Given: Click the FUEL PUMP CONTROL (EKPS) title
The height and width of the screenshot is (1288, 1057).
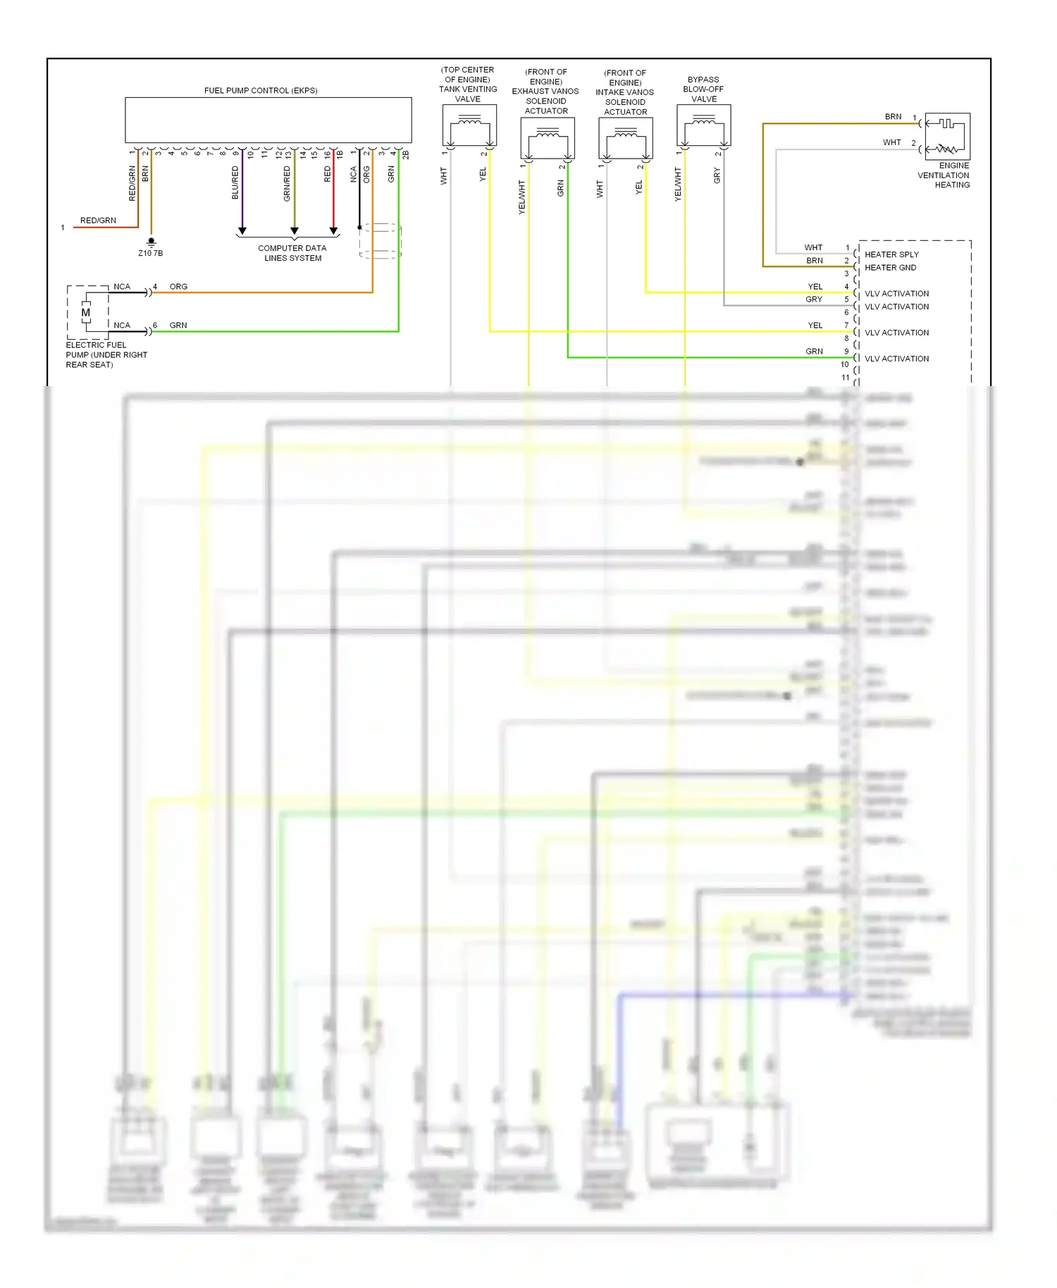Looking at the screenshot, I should (261, 91).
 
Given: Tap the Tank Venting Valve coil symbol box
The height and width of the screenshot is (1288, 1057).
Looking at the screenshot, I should (469, 125).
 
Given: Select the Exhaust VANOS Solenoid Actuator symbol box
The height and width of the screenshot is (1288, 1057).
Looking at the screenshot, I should (548, 138).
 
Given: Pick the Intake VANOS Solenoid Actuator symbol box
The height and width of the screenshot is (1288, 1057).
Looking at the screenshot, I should (626, 138).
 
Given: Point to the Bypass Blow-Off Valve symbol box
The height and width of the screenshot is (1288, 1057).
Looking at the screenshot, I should (703, 125).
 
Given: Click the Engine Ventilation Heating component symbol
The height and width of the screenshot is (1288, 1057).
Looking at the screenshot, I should (947, 136).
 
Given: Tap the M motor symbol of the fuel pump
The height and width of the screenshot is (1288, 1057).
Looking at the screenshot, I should (86, 313).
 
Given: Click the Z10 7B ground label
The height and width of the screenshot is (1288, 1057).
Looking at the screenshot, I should (151, 253).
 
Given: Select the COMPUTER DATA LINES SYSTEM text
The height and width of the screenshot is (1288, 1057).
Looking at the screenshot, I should (292, 253).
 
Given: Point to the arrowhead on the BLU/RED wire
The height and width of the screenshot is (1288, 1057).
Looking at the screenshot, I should (242, 230).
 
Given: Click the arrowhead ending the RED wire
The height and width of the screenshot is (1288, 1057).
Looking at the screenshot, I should (333, 230).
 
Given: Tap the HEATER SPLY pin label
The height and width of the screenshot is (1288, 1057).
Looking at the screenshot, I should (891, 254).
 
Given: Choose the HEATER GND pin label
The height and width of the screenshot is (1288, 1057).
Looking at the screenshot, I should (890, 268).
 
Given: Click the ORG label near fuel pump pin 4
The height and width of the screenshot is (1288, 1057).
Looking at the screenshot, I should (178, 287).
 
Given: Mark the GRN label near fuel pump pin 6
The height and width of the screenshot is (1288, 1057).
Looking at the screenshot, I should (178, 326).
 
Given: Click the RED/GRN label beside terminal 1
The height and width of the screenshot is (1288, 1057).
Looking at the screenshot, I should (98, 221).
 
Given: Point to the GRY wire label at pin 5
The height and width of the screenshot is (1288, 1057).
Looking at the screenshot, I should (814, 299).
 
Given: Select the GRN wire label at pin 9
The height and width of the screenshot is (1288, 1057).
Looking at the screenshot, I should (814, 352).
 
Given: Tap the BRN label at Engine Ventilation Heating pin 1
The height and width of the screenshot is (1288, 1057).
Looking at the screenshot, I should (893, 117).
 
